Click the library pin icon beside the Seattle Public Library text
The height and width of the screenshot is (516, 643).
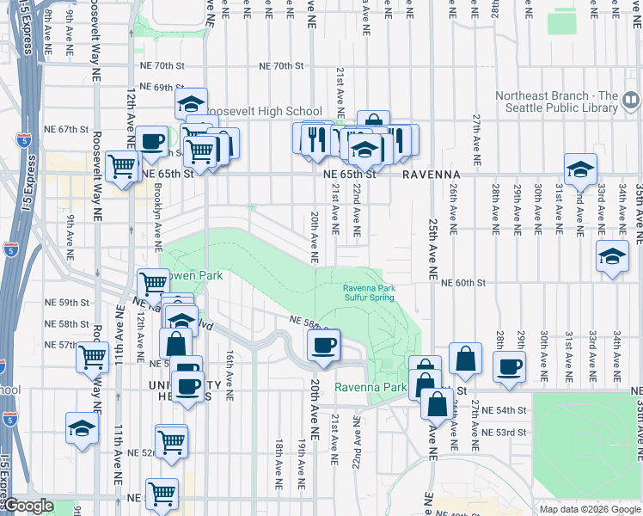point(632,103)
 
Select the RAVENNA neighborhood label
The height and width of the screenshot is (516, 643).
point(431,174)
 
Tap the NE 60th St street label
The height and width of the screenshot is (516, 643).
point(463,282)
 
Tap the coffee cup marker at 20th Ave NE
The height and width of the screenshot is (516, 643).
point(324,346)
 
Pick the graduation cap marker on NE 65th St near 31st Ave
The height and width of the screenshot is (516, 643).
point(580,168)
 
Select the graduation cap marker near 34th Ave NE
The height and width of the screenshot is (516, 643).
point(612,257)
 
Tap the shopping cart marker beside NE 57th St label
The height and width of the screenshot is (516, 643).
point(93,355)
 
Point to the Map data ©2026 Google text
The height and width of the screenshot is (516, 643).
point(589,509)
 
